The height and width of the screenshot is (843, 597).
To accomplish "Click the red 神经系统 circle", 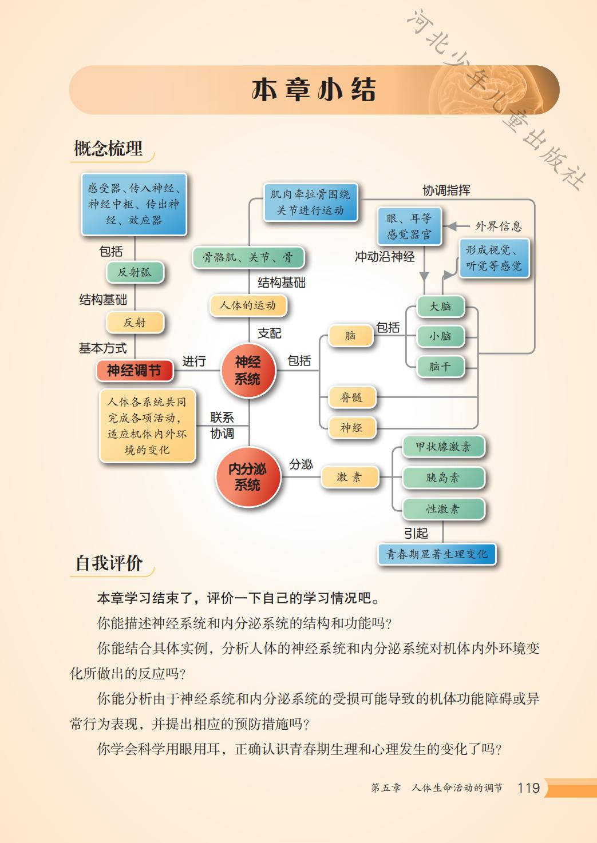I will coord(248,370).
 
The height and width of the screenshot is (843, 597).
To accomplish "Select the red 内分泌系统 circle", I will coord(248,476).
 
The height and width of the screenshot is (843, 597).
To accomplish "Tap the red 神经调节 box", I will coord(134,371).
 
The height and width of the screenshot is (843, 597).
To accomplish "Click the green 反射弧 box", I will coord(135,272).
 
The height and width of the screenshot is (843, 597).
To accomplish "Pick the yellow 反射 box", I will coord(135,323).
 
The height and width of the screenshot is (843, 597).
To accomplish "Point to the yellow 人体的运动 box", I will coord(248,305).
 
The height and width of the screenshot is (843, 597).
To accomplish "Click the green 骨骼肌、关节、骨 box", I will coord(248,257).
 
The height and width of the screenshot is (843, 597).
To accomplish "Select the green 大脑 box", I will coord(440,307).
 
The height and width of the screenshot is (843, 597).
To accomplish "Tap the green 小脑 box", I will coord(440,336).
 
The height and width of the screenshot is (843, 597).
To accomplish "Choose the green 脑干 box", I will coord(440,366).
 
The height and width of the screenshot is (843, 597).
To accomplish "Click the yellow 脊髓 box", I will coord(351,397).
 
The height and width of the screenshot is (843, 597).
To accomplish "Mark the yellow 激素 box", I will coord(349,477).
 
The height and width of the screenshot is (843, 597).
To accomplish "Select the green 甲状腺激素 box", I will coord(443,447).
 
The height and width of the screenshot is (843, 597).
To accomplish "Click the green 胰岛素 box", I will coord(443,478).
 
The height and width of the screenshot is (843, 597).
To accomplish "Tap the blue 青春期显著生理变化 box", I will coord(436,554).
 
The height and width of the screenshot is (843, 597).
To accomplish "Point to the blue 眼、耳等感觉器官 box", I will coord(409,226).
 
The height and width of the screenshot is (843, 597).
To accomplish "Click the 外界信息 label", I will coord(499,226).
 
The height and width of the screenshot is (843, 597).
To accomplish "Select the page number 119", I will coord(528,788).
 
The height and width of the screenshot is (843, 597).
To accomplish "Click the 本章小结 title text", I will coord(314,90).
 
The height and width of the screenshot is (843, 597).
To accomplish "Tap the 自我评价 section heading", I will coord(109,563).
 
